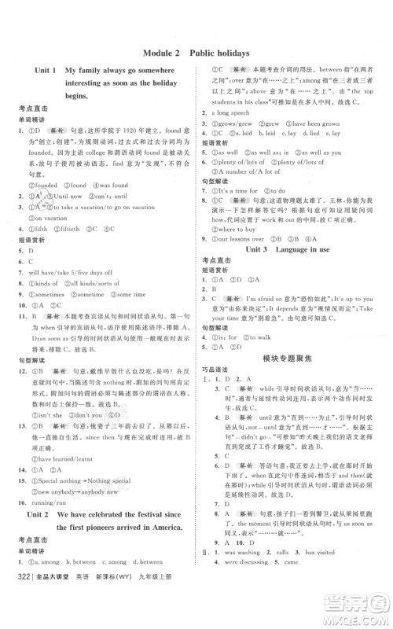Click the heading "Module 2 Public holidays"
pyautogui.click(x=196, y=53)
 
